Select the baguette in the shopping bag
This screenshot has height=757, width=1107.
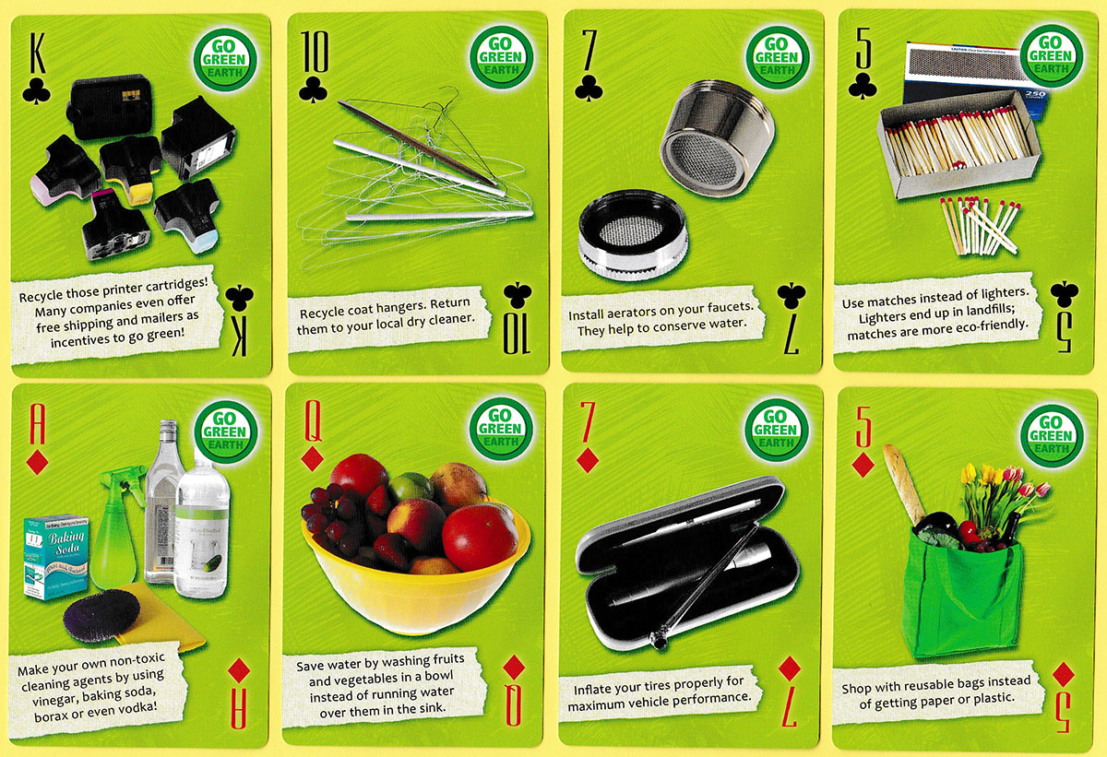coord(903,484)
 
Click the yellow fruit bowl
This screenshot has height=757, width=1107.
coord(414,583)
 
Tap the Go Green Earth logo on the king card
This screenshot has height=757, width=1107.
coord(225,60)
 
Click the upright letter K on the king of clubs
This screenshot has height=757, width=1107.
coord(36,52)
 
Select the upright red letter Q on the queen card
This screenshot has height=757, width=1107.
coord(313,420)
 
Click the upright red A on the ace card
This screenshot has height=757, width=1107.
coord(37,424)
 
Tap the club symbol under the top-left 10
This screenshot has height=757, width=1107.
coord(313,89)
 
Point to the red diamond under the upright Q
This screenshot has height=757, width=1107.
coord(312,459)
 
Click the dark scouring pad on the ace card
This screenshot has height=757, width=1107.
coord(101,615)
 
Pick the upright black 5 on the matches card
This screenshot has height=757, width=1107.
coord(863,48)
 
